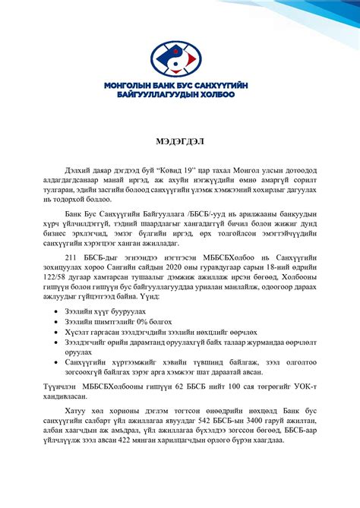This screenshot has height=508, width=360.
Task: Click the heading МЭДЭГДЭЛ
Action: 180,142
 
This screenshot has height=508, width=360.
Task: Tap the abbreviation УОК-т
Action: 302,387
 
